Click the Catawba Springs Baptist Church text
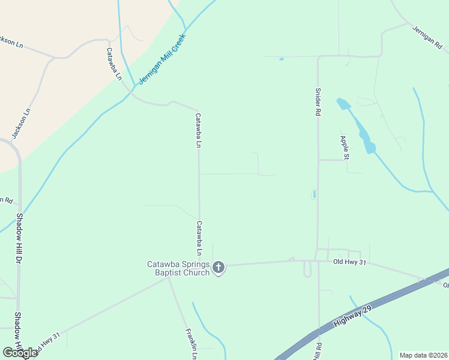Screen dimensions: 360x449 [179, 268]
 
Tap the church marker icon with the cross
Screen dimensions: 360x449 [219, 267]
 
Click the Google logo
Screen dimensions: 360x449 [20, 353]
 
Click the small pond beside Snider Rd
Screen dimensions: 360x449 [313, 194]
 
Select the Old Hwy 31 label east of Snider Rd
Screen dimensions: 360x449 [349, 262]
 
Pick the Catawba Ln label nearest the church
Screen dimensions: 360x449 [199, 237]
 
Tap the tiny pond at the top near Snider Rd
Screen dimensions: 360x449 [280, 59]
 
